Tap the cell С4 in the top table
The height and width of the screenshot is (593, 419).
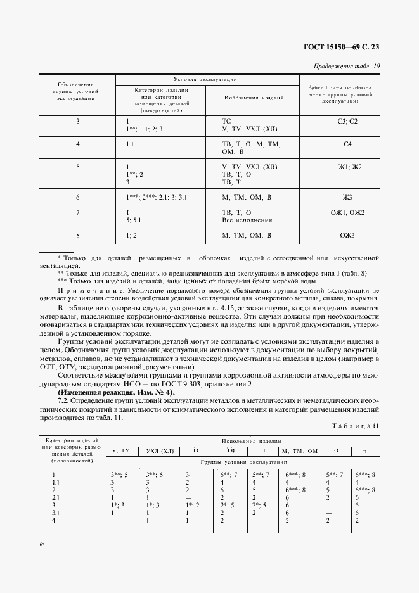tap(347, 144)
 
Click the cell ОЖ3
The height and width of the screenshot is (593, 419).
tap(347, 236)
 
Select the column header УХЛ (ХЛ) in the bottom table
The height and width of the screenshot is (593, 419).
tap(160, 451)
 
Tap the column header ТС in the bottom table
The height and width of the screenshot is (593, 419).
tap(196, 451)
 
